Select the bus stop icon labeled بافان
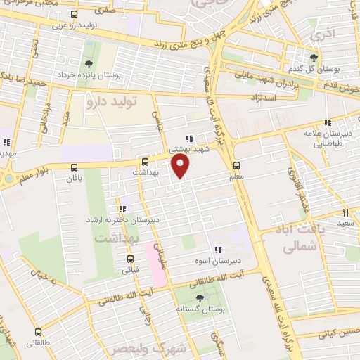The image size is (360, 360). pos(75,167)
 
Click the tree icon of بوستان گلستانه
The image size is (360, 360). pos(202,297)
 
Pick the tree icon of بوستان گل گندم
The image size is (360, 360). pos(314,58)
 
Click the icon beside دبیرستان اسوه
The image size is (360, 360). pos(218,249)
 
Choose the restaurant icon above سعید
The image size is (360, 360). pos(345,212)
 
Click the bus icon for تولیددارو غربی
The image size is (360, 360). pos(75,14)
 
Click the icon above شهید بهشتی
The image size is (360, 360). pos(188,139)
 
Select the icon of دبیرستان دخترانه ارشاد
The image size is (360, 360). pos(123,208)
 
